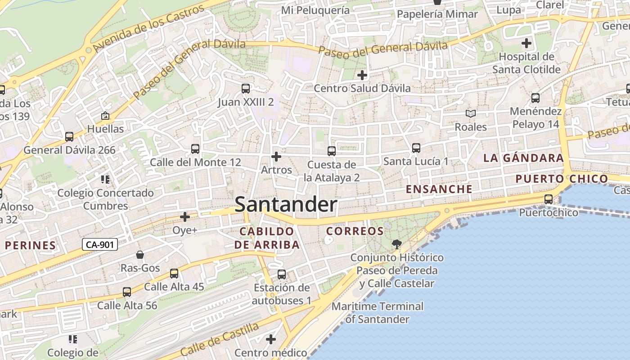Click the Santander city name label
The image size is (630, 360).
[x=286, y=205]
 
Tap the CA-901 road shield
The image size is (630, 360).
[x=100, y=244]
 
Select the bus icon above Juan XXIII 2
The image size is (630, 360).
[x=245, y=89]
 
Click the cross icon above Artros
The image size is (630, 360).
[x=276, y=157]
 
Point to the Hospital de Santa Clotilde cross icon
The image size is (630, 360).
[x=526, y=44]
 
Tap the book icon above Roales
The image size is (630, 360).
[x=471, y=114]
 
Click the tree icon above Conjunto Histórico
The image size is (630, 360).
[x=396, y=244]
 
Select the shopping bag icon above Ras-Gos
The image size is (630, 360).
[x=140, y=255]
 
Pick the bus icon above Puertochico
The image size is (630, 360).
[x=549, y=199]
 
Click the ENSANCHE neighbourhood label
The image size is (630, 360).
[x=439, y=189]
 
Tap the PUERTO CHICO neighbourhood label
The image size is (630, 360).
[x=562, y=179]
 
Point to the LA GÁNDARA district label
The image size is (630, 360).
[x=523, y=158]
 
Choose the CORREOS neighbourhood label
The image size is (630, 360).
[x=355, y=231]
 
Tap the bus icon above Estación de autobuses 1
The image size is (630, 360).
[x=282, y=274]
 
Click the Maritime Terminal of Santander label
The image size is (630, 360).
[x=378, y=313]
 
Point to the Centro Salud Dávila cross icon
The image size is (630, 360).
[x=362, y=75]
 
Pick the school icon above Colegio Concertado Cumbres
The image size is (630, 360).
[x=105, y=180]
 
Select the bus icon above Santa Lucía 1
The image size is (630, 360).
[x=416, y=148]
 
